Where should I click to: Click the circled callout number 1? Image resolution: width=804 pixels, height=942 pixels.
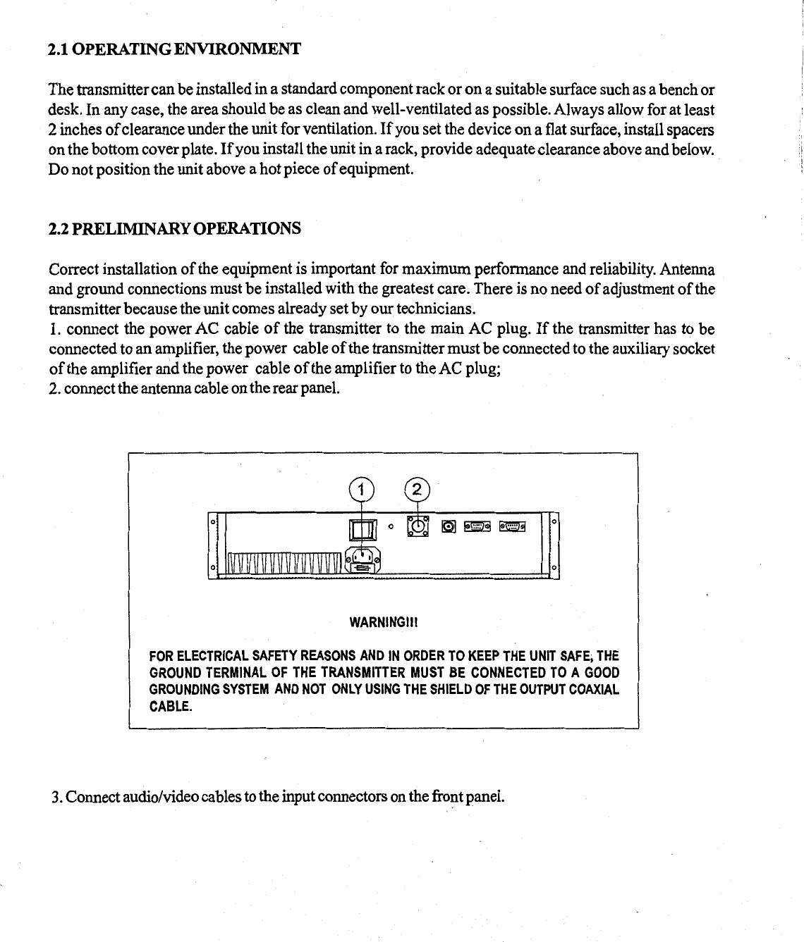coord(360,489)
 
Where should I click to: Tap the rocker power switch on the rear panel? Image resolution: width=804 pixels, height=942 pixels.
coord(360,530)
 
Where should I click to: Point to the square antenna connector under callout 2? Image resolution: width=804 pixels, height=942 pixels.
coord(418,525)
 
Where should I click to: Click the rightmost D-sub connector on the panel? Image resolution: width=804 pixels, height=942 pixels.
coord(513,526)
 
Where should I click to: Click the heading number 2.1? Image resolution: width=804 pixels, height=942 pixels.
coord(59,49)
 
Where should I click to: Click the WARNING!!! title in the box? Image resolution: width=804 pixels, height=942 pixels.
coord(384,623)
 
